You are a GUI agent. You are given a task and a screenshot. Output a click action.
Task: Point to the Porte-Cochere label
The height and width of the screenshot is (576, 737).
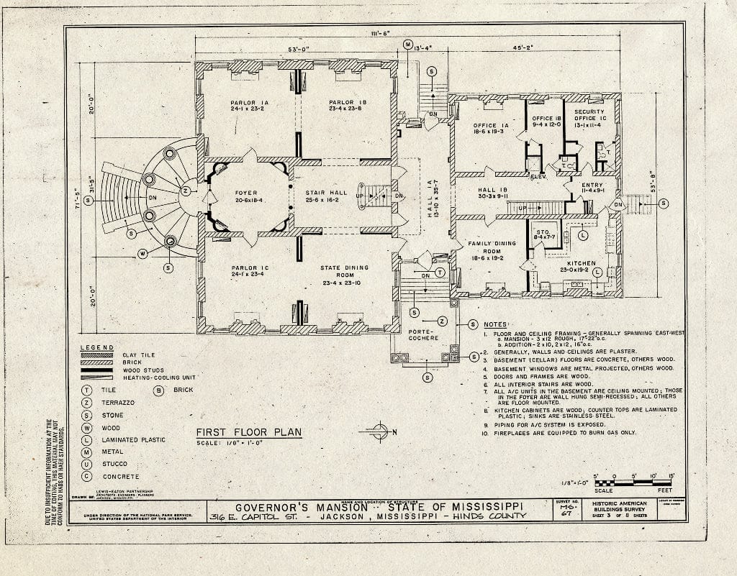424,334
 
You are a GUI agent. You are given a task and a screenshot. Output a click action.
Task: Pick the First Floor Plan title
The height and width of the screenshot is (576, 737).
248,432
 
